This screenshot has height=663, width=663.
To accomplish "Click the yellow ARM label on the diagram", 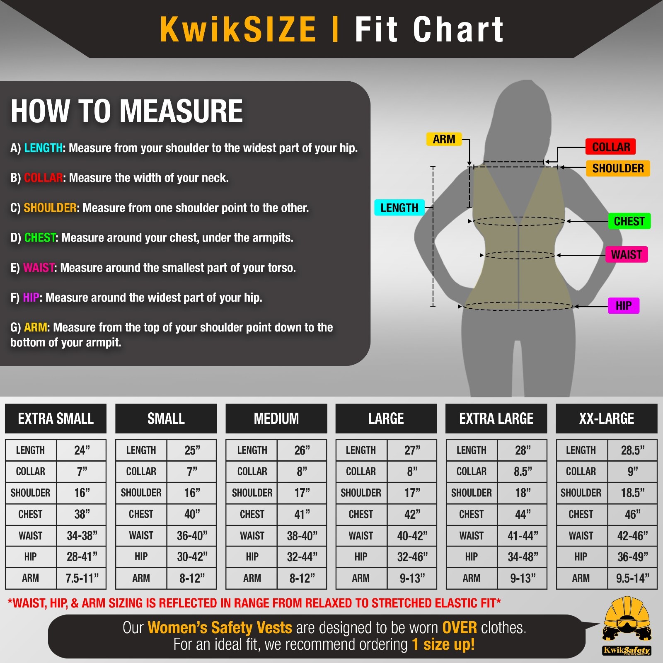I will click(444, 139).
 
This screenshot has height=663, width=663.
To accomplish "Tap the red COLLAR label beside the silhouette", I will click(610, 147).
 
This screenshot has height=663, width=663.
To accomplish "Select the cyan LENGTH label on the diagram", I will click(399, 208).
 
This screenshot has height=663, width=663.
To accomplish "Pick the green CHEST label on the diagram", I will click(629, 221).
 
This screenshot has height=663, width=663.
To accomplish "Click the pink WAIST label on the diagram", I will click(626, 254).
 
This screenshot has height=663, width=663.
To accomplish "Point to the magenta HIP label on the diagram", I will click(623, 306).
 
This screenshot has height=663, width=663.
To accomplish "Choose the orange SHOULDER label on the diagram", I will click(617, 168).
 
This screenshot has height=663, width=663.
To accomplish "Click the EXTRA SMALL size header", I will click(56, 419).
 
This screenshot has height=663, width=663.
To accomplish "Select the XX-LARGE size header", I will click(606, 419).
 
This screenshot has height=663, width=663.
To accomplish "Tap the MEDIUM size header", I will click(276, 419).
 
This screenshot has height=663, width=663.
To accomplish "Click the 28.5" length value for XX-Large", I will click(632, 450).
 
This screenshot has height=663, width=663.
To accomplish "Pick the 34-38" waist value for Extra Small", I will click(82, 536).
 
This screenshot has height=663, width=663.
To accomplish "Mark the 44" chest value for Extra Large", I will click(523, 514).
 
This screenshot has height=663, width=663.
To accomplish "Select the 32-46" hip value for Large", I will click(412, 557).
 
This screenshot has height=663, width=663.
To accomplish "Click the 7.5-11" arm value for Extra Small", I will click(82, 578).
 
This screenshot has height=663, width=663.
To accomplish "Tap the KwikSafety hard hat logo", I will click(627, 626).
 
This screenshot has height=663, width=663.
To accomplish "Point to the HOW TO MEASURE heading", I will click(126, 111).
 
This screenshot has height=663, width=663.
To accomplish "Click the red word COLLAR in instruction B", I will click(43, 178).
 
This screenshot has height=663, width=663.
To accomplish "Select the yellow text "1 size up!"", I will click(443, 644).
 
